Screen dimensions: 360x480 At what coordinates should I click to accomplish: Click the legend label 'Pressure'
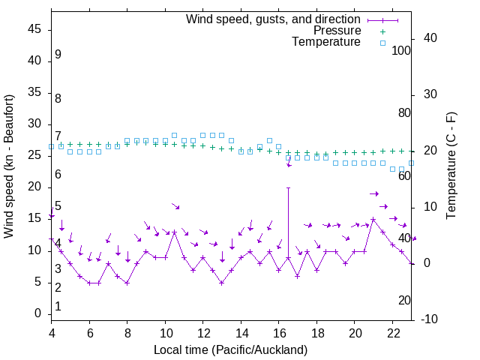point(337,31)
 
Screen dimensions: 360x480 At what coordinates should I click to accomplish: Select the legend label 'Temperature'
point(326,42)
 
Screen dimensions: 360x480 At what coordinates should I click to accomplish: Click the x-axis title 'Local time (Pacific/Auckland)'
point(230,350)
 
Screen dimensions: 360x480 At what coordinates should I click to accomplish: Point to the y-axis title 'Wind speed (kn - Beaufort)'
point(9,166)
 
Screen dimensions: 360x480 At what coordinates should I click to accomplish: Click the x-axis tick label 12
point(203,333)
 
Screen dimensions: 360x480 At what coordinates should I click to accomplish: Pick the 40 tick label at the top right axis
point(430,38)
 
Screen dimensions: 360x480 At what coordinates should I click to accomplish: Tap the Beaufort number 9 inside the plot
point(58,55)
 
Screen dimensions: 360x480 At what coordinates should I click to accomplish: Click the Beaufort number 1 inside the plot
point(58,306)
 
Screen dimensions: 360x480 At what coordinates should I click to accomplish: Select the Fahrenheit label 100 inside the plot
point(401,50)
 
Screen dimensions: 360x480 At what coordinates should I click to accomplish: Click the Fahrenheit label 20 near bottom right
point(404,300)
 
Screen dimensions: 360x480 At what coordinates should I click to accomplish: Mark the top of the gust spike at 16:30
point(288,187)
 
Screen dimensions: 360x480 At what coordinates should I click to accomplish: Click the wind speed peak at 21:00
point(373,220)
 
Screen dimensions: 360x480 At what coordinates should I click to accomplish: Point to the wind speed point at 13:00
point(221,283)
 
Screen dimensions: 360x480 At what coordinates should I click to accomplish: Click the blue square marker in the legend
point(382,43)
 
